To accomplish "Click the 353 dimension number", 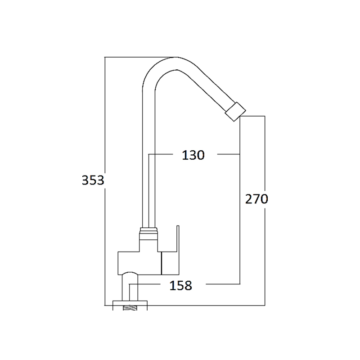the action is tap(93, 180).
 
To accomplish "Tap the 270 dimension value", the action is tap(256, 199).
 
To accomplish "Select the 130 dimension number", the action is tap(193, 155).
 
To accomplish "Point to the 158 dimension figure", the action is tap(181, 286).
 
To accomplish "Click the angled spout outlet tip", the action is tap(235, 112).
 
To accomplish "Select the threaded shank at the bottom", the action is tap(130, 308).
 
